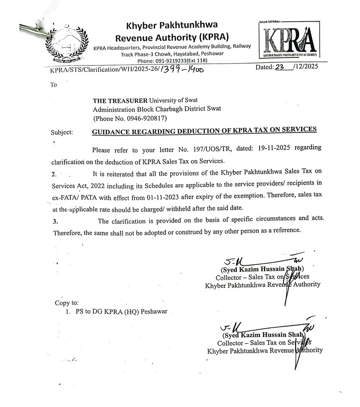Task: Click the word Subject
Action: pos(62,133)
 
